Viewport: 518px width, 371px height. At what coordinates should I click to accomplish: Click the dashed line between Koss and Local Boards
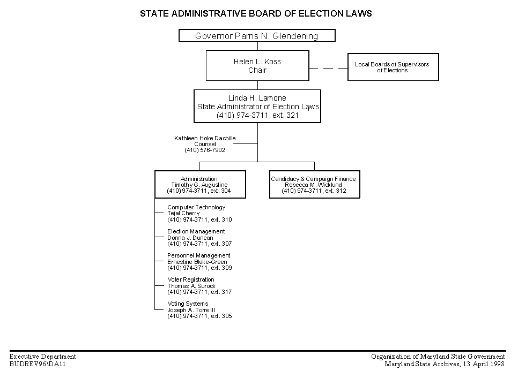tap(328, 69)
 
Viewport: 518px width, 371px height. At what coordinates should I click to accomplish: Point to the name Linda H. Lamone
tap(257, 98)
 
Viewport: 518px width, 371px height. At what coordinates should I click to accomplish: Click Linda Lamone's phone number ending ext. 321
tap(258, 116)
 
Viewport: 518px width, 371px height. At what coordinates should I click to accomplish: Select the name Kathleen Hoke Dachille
tap(205, 138)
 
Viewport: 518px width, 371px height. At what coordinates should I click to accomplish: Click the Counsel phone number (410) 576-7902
tap(205, 150)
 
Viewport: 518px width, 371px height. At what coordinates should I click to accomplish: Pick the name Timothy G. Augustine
tap(199, 185)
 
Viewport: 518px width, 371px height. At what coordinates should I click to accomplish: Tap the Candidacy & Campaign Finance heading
tap(313, 179)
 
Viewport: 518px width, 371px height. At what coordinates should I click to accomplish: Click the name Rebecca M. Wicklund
tap(313, 185)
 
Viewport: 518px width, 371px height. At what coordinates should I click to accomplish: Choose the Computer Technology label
tap(196, 207)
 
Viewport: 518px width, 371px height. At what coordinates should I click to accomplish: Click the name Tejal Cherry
tap(183, 214)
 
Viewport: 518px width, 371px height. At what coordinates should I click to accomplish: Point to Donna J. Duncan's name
tap(190, 238)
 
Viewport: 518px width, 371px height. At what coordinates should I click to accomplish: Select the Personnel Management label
tap(198, 255)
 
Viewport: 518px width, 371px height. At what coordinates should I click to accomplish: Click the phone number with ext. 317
tap(199, 292)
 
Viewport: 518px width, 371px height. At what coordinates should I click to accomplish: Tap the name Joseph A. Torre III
tap(191, 310)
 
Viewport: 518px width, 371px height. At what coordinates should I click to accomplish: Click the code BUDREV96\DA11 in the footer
tap(38, 364)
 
